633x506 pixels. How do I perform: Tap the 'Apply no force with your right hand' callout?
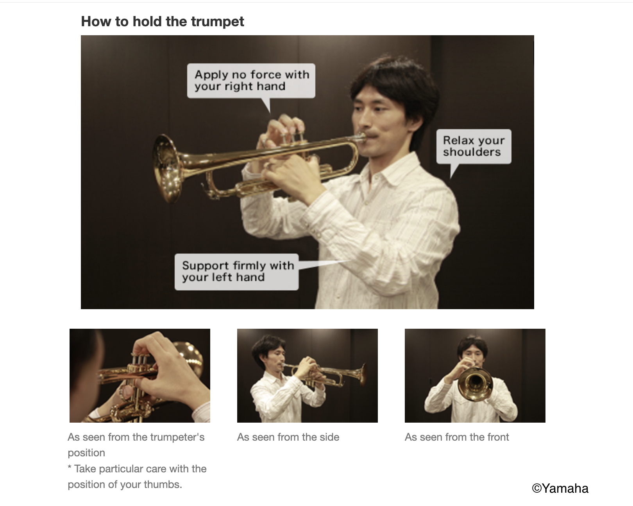click(x=251, y=81)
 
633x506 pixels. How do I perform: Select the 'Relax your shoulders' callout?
click(x=473, y=146)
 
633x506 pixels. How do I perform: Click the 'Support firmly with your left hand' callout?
click(x=236, y=272)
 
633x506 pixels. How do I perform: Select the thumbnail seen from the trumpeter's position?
click(x=139, y=375)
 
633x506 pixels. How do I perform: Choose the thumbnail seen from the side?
click(x=307, y=375)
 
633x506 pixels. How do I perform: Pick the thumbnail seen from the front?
click(x=475, y=375)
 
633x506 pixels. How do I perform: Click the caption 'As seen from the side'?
click(x=288, y=437)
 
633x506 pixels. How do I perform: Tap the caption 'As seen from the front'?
click(x=457, y=437)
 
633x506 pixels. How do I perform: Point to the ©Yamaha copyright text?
click(x=560, y=488)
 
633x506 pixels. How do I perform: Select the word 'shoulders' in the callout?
click(x=472, y=152)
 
